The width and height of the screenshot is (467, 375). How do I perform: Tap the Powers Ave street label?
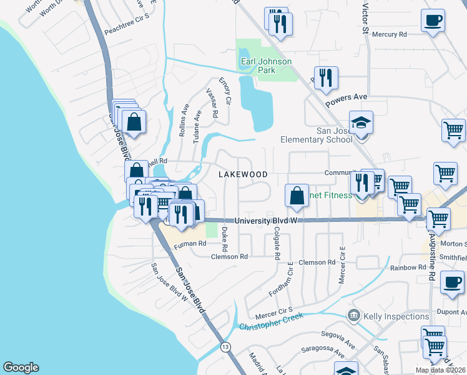click(352, 97)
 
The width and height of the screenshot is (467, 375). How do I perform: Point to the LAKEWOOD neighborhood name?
click(243, 174)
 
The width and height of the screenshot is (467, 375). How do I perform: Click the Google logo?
click(21, 367)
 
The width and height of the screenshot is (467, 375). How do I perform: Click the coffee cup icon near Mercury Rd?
click(433, 21)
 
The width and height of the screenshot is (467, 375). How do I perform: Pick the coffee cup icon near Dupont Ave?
click(451, 282)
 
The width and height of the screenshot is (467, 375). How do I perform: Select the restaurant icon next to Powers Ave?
click(326, 77)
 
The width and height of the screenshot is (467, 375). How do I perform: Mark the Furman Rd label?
click(190, 244)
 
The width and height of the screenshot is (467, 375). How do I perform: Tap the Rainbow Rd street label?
click(408, 267)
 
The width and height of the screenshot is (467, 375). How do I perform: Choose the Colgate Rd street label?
click(277, 244)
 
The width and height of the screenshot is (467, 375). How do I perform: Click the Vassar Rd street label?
click(212, 103)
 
